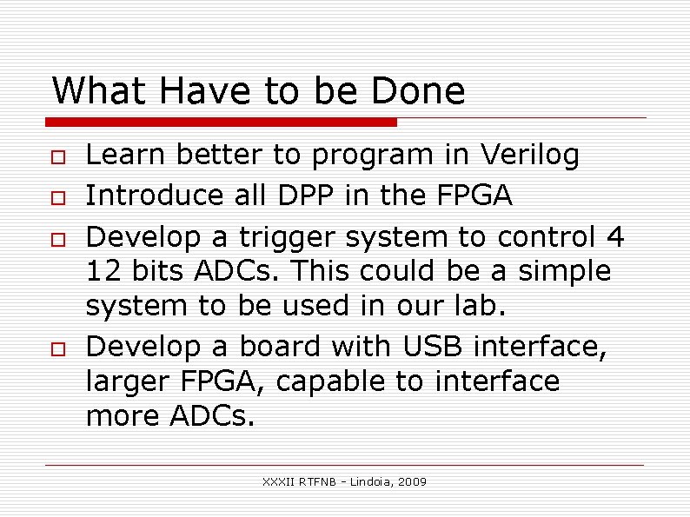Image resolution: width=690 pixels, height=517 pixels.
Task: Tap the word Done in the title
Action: (x=418, y=91)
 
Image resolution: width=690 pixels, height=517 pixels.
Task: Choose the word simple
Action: (x=565, y=272)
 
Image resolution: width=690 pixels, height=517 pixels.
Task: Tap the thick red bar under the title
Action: (x=222, y=122)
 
